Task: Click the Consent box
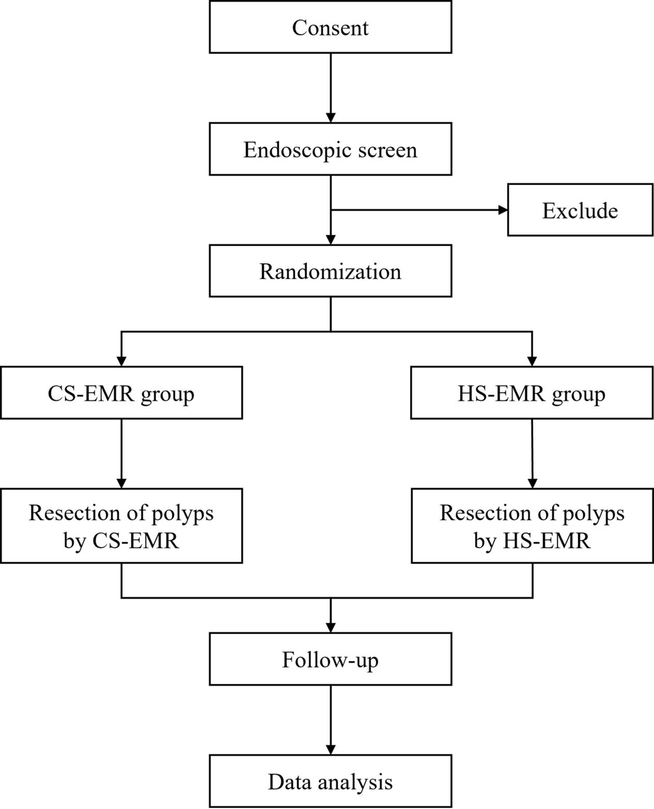click(x=330, y=27)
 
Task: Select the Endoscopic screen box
click(x=330, y=149)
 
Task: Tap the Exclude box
click(x=580, y=210)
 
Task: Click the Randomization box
click(x=330, y=271)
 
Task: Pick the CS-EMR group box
click(x=121, y=393)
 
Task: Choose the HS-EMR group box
click(x=532, y=393)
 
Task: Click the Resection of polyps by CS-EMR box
click(x=121, y=526)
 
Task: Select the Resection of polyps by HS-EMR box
click(x=532, y=526)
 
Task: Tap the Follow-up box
click(x=330, y=659)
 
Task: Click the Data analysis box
click(x=330, y=782)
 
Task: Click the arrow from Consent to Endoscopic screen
click(x=331, y=88)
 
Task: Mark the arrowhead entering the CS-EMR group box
click(x=121, y=361)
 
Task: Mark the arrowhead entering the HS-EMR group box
click(x=532, y=361)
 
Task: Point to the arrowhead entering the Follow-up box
click(x=331, y=628)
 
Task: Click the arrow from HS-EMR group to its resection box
click(x=532, y=454)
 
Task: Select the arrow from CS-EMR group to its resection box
click(x=121, y=454)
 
